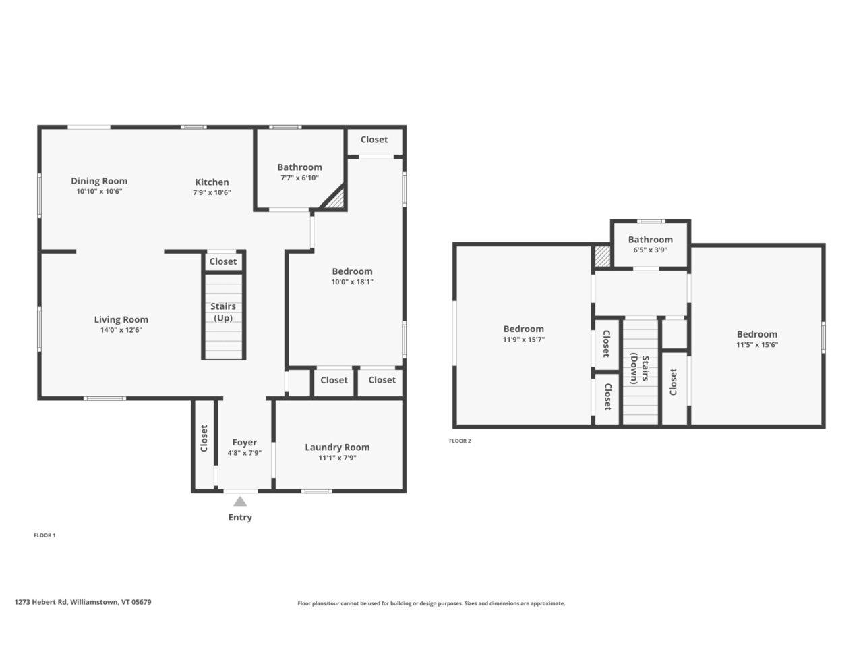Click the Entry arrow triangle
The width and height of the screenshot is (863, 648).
tap(240, 502)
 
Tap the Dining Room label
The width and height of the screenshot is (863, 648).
tap(99, 181)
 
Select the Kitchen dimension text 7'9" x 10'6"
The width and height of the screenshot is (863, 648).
tap(212, 193)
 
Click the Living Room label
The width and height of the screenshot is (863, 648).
tap(121, 319)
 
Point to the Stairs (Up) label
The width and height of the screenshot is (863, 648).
tap(223, 312)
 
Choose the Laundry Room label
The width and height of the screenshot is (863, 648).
tap(337, 448)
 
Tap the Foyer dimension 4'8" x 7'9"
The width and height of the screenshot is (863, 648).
tap(245, 453)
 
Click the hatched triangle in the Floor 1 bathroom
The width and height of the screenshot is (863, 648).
tap(335, 200)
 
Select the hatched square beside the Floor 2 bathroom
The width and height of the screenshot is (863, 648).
tap(602, 256)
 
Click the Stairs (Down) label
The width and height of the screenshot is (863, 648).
tap(639, 369)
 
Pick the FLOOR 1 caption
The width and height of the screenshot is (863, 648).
tap(44, 535)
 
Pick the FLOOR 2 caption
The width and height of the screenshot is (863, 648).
tap(460, 441)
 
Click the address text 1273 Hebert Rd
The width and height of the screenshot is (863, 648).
tap(41, 602)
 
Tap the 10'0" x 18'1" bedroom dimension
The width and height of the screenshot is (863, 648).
tap(352, 281)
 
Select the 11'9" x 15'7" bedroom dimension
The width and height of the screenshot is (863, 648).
tap(524, 339)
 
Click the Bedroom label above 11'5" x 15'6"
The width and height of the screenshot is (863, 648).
tap(757, 334)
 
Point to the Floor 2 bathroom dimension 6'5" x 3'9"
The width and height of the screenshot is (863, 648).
tap(651, 250)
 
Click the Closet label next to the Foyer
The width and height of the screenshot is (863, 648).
tap(204, 438)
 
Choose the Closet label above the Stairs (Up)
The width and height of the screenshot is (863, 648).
tap(223, 261)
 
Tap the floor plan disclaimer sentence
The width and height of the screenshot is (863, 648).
tap(431, 603)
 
